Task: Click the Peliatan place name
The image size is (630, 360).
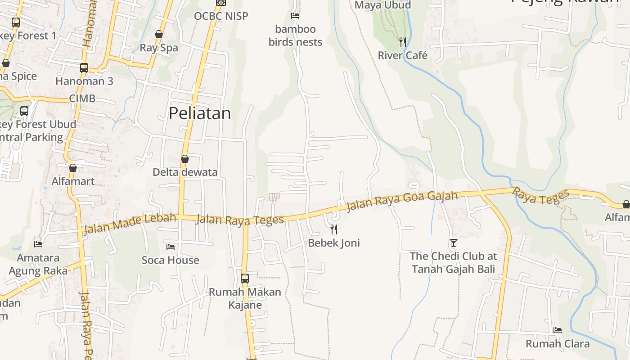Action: pos(200,113)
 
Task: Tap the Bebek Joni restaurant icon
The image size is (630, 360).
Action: pos(334,229)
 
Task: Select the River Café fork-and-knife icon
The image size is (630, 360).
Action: pos(403,42)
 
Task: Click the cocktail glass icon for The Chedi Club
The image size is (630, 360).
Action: pos(453,243)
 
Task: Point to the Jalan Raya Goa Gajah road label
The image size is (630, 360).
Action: pos(402,201)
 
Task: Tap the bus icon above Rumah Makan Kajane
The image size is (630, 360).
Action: pos(245,279)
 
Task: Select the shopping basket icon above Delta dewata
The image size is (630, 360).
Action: pos(185,159)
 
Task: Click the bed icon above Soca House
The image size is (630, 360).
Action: pos(171,247)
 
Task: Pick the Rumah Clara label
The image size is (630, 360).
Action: pos(558,344)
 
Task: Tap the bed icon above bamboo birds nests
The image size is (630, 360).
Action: pos(295,16)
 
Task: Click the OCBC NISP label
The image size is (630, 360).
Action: pos(221,16)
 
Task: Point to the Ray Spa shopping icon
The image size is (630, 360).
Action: pos(159,34)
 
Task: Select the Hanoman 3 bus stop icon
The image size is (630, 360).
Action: pos(84,68)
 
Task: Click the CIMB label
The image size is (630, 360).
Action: pos(82,99)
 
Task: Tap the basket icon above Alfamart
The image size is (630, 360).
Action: pos(73,168)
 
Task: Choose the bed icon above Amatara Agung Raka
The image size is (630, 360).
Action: pos(38,244)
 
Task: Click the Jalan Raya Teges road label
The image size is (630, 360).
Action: pos(240,220)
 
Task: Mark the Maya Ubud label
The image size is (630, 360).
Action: pos(383,5)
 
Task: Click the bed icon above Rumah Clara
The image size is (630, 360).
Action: pos(558,330)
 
